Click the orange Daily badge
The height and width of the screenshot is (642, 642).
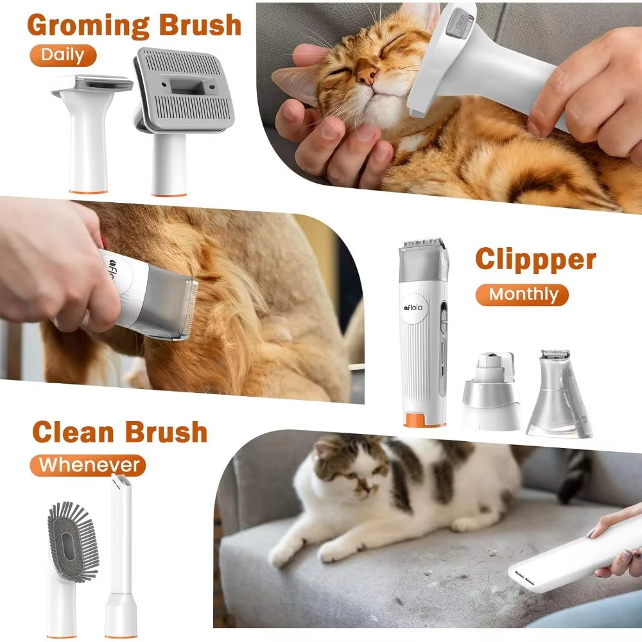(62, 55)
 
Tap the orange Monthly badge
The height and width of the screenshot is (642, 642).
(523, 295)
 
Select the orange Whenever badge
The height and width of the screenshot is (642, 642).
(89, 464)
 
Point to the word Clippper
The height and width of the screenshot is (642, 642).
(535, 259)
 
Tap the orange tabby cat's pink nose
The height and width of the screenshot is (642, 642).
(367, 76)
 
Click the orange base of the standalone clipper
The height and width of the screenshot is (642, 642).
(424, 421)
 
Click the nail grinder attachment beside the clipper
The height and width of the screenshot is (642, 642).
(491, 392)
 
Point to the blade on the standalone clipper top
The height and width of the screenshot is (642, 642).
(422, 245)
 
